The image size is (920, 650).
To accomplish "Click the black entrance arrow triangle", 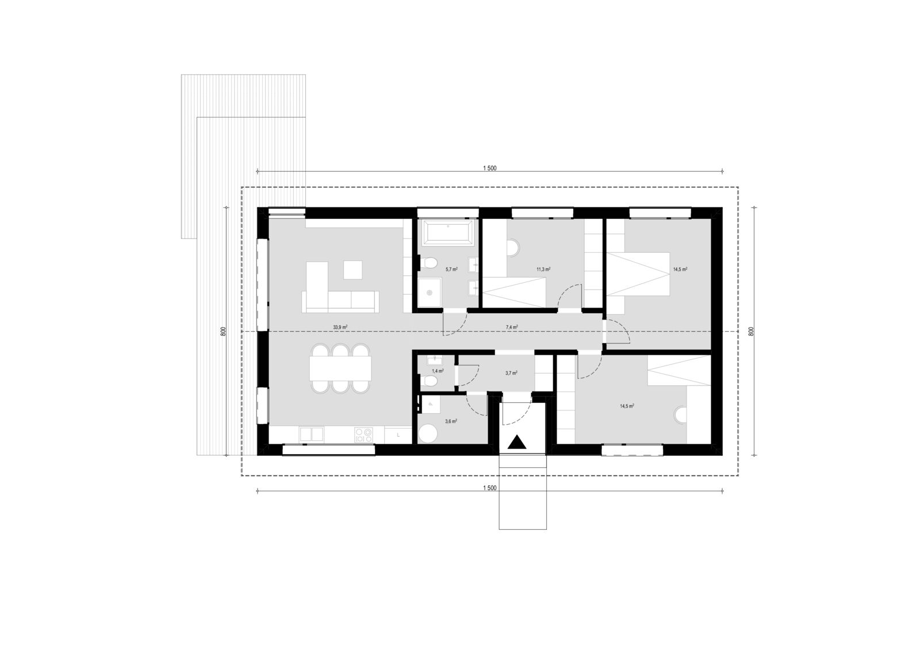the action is tap(517, 443).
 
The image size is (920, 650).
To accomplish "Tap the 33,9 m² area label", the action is tap(340, 327).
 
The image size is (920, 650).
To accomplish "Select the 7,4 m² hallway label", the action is tap(512, 327).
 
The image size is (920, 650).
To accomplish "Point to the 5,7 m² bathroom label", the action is tap(452, 270).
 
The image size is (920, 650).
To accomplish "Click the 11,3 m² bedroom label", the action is tap(543, 270).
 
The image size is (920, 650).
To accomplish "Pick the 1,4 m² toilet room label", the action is tap(438, 371).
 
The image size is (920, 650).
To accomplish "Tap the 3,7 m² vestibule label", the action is tap(511, 373).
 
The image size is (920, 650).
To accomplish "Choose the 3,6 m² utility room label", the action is tap(451, 421).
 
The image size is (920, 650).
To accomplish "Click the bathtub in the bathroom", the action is tap(448, 233).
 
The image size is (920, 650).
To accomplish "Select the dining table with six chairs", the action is tap(340, 368).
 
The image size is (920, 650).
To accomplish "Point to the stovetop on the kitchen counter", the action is tap(363, 435).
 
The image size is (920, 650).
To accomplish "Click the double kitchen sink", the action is tap(311, 434).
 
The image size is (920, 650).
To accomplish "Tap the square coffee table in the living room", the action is tap(353, 270).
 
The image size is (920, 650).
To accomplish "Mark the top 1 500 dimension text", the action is tap(489, 168).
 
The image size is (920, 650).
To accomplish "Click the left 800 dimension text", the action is tap(224, 332).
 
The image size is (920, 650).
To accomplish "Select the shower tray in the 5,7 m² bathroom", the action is tap(430, 292).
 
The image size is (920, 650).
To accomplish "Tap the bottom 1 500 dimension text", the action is tap(489, 488).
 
